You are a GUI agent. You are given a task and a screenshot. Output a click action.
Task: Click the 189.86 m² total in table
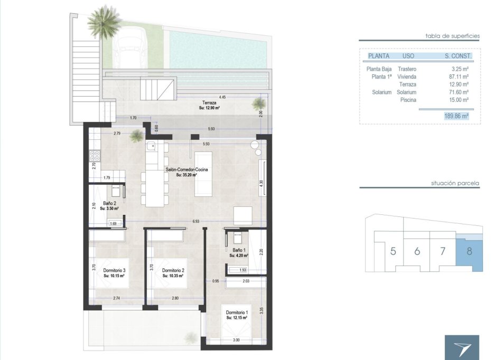456,116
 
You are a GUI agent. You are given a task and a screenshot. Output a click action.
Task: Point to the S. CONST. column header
457,55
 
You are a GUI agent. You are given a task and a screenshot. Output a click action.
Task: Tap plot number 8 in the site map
469,251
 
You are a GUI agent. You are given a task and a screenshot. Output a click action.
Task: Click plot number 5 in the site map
393,251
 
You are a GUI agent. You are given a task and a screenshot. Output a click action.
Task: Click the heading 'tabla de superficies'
452,36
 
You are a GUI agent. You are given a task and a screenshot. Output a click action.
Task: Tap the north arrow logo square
462,347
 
